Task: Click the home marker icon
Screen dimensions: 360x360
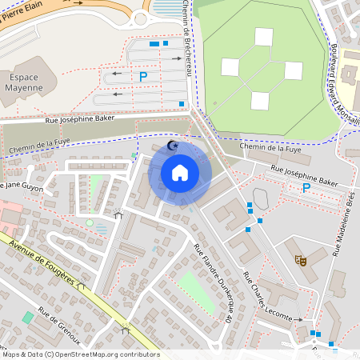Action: click(180, 172)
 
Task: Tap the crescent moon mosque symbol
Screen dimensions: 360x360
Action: click(172, 146)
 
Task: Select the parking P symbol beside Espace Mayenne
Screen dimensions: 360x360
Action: click(143, 77)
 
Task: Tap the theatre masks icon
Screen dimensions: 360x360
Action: click(301, 260)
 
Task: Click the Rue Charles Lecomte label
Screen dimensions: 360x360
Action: click(267, 298)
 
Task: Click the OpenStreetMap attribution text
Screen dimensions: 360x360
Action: click(80, 354)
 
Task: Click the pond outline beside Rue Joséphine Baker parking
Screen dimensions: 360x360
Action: click(262, 197)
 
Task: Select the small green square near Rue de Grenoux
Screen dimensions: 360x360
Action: click(28, 318)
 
